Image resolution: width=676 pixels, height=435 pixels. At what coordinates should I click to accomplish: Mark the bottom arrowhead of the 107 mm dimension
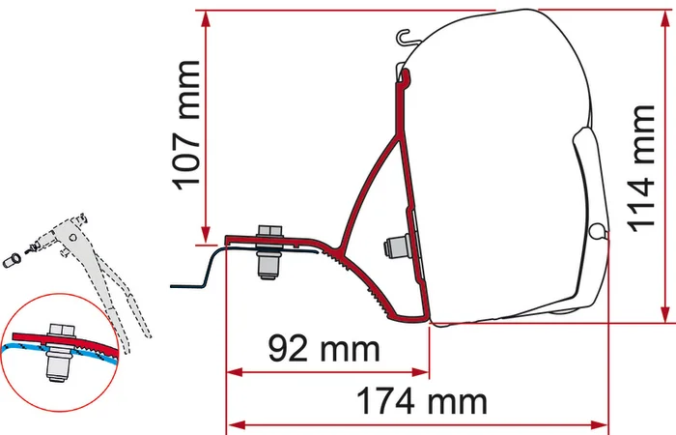(x=205, y=236)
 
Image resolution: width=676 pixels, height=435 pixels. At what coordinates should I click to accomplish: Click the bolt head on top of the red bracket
(x=268, y=233)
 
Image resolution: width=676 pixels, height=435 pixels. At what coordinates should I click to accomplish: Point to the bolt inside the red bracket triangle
(x=394, y=246)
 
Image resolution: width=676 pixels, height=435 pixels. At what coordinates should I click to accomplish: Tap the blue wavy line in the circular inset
(x=29, y=345)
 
